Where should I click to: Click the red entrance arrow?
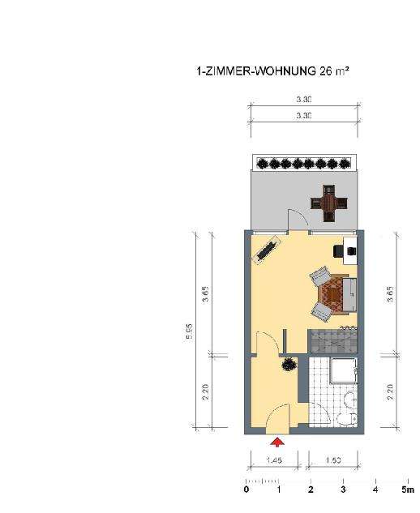277,442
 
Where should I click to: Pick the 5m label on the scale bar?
407,490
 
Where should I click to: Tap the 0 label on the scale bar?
246,490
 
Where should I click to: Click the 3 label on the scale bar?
343,490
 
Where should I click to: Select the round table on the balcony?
328,203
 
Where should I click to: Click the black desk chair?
339,250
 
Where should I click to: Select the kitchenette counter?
332,339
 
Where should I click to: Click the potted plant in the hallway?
289,366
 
